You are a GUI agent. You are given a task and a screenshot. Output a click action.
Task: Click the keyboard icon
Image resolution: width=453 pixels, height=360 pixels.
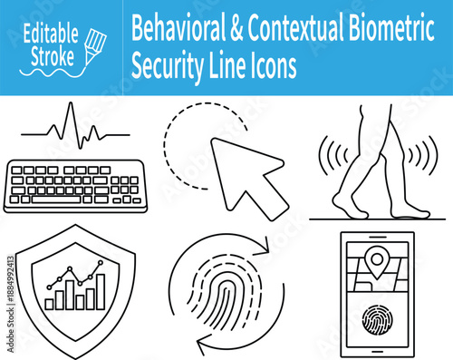pos(73,188)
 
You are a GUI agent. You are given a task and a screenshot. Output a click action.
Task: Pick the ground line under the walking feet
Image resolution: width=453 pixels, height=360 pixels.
pos(373,219)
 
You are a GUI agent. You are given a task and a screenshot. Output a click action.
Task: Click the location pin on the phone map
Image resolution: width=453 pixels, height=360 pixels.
pos(375,263)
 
